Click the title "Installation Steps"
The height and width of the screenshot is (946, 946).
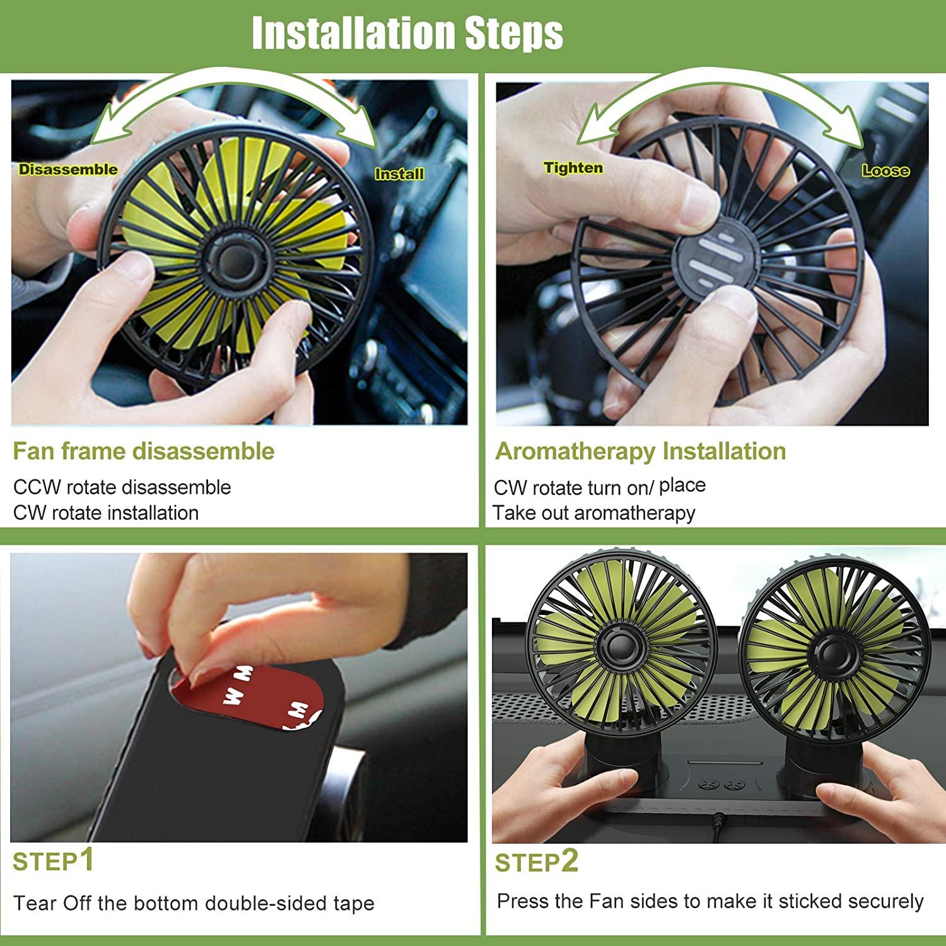pyautogui.click(x=407, y=33)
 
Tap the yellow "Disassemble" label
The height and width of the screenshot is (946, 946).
pyautogui.click(x=68, y=169)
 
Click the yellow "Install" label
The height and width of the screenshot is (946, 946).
pyautogui.click(x=399, y=173)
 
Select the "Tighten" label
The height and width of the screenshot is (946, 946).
pyautogui.click(x=573, y=168)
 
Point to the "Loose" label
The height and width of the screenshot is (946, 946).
pyautogui.click(x=885, y=170)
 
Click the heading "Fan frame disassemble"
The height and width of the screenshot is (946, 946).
pyautogui.click(x=144, y=451)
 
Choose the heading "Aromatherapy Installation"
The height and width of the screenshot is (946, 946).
pyautogui.click(x=641, y=452)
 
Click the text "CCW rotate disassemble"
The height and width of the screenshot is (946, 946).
pyautogui.click(x=122, y=487)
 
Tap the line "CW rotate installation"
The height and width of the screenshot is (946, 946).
pyautogui.click(x=106, y=512)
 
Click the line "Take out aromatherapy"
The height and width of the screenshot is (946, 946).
pyautogui.click(x=594, y=513)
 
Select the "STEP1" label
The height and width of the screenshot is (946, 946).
pyautogui.click(x=54, y=861)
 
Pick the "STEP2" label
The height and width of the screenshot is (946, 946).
pyautogui.click(x=537, y=861)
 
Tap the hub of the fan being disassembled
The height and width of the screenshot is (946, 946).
pyautogui.click(x=230, y=259)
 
